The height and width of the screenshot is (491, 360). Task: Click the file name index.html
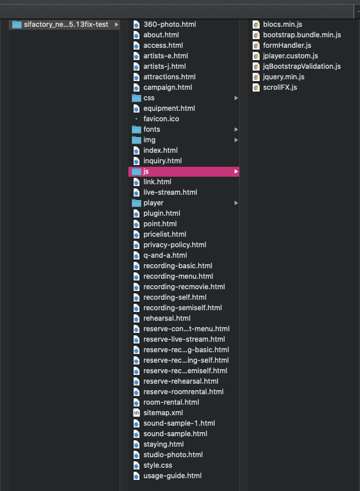point(160,150)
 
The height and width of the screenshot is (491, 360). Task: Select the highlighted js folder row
point(184,171)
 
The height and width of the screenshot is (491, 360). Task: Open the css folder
point(149,98)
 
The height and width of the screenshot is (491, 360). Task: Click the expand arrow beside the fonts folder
point(236,129)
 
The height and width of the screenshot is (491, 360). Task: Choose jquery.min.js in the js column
point(284,77)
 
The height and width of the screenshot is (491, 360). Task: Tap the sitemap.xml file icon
point(137,413)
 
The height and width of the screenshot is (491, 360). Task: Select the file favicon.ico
point(161,119)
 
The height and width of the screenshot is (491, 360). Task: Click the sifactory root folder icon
point(16,24)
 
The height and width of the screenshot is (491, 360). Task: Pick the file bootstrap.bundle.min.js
point(302,35)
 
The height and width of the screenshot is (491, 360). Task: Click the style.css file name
point(158,465)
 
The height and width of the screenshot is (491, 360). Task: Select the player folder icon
point(137,203)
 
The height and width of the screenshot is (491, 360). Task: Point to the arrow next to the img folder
point(236,140)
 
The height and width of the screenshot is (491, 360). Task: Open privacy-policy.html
point(175,245)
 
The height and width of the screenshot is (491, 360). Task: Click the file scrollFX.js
point(280,87)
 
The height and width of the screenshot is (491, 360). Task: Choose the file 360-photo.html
point(170,24)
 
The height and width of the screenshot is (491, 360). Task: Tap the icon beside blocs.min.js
point(256,24)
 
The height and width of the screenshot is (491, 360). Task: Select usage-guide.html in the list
point(172,476)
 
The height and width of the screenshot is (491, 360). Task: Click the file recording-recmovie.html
point(184,287)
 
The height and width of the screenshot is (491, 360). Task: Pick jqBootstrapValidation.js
point(302,66)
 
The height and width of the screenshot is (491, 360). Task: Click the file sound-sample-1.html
point(179,423)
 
